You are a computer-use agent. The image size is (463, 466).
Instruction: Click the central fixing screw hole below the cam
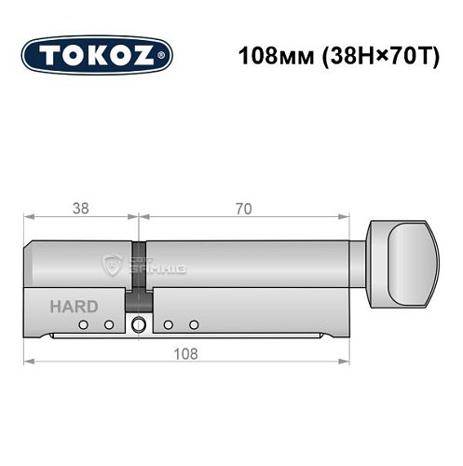(139, 325)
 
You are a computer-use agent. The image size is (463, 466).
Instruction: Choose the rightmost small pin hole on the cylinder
(194, 324)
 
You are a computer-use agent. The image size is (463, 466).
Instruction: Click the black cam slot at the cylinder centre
(139, 275)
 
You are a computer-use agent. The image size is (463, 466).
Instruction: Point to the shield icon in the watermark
(113, 264)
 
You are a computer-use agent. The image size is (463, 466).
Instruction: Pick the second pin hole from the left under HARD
(108, 324)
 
